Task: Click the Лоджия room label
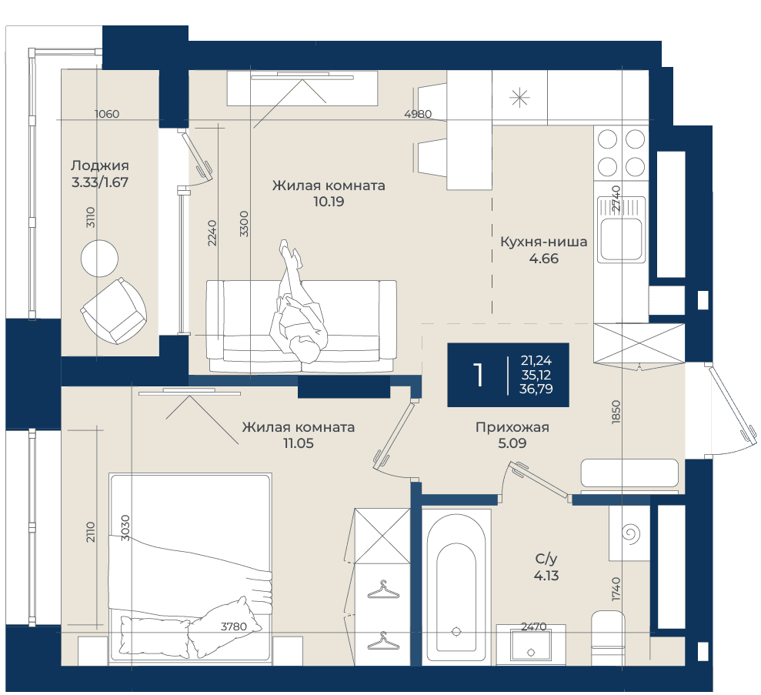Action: pyautogui.click(x=100, y=165)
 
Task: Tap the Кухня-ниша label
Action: pyautogui.click(x=543, y=242)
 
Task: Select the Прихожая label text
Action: pyautogui.click(x=512, y=427)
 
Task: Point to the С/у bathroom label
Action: pyautogui.click(x=546, y=559)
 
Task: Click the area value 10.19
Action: pyautogui.click(x=329, y=202)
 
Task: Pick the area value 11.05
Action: pyautogui.click(x=299, y=443)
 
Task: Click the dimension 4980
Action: pyautogui.click(x=418, y=114)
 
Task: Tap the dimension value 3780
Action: pyautogui.click(x=234, y=627)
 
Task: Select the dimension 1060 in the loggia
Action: pyautogui.click(x=107, y=114)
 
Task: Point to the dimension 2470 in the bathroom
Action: pyautogui.click(x=534, y=627)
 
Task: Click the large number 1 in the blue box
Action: pyautogui.click(x=479, y=375)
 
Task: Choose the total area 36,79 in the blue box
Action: pyautogui.click(x=536, y=389)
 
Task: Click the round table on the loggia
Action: pyautogui.click(x=99, y=258)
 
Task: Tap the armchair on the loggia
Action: pyautogui.click(x=114, y=311)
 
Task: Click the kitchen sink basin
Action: pyautogui.click(x=621, y=239)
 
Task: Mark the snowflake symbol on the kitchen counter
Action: pyautogui.click(x=519, y=98)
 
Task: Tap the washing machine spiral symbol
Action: pyautogui.click(x=631, y=534)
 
